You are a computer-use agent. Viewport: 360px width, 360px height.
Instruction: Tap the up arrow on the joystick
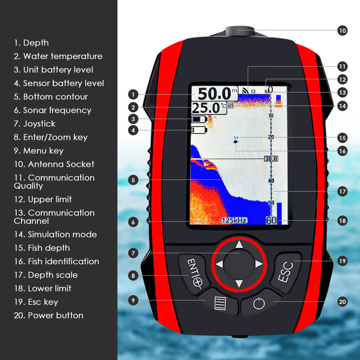(239, 245)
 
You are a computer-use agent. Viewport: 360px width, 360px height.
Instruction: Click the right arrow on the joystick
(258, 264)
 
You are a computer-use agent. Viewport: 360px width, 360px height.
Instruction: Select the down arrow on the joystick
(239, 283)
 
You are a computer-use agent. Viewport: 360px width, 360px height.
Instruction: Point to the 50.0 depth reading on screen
(214, 94)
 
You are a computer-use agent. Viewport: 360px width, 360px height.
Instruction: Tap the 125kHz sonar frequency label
(234, 220)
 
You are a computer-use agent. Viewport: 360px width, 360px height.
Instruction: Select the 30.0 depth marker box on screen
(271, 159)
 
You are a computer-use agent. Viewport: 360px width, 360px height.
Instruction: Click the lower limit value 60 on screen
(271, 220)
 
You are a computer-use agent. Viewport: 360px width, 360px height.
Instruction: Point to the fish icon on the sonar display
(235, 142)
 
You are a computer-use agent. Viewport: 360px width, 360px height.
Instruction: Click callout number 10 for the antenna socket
(342, 30)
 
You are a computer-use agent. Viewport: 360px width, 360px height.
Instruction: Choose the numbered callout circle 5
(133, 180)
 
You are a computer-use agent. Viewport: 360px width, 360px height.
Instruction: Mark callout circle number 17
(342, 192)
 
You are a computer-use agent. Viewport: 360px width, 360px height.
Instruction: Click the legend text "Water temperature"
(62, 56)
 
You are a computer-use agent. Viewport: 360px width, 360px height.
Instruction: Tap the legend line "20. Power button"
(49, 315)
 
